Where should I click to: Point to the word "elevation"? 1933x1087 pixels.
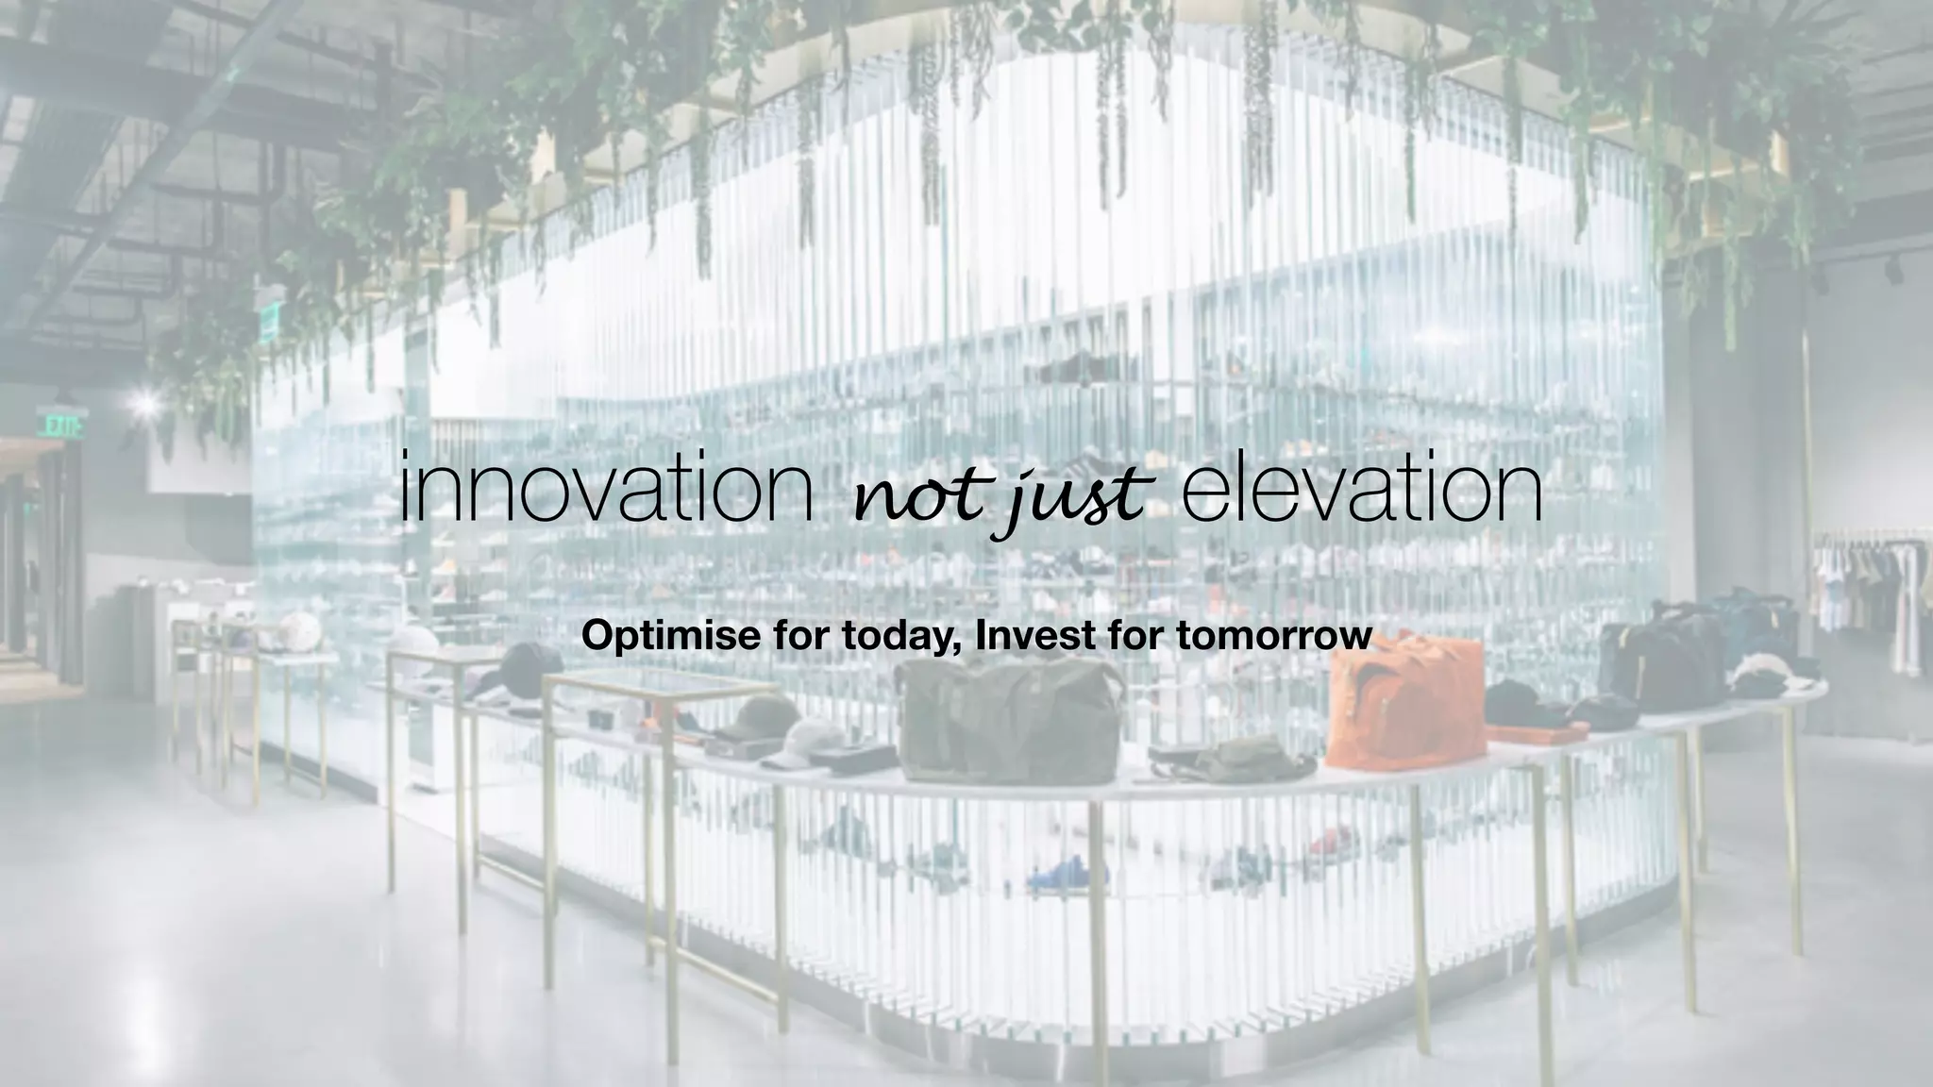click(x=1361, y=489)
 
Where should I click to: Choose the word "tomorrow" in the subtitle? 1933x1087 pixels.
click(x=1274, y=635)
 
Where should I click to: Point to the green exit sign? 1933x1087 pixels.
click(x=62, y=424)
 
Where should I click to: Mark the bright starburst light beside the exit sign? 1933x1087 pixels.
click(x=145, y=404)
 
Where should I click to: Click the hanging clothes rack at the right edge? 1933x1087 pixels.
click(x=1874, y=594)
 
